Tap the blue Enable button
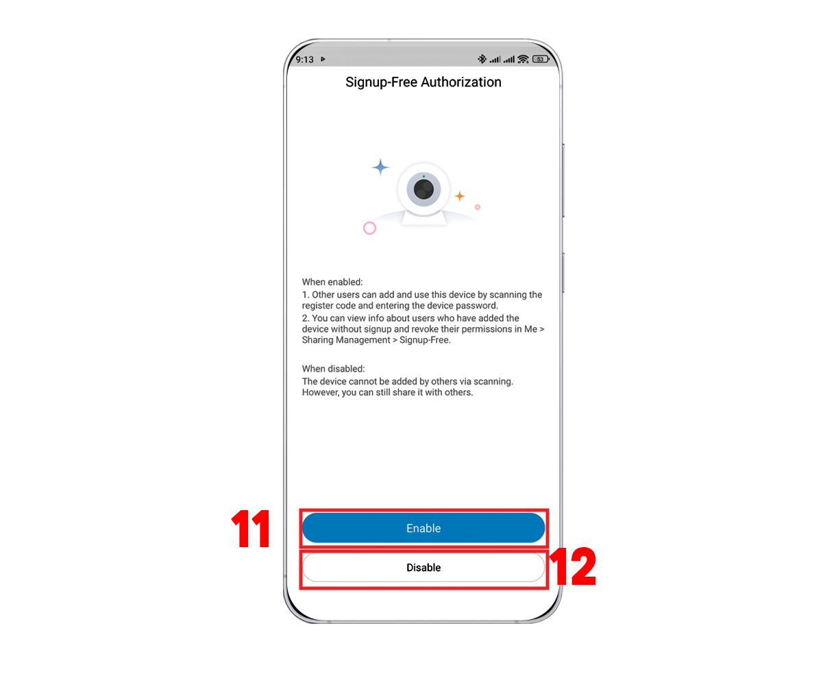423,528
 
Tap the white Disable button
423,567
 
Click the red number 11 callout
251,528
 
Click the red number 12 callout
573,566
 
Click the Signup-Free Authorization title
423,82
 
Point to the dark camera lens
423,189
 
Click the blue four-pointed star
380,167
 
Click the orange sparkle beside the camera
460,195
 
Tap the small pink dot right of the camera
478,207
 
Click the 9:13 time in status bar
305,60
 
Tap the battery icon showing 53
541,59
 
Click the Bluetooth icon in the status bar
482,59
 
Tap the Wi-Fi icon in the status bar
523,59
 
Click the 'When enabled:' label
332,282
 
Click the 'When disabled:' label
334,369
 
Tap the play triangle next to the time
323,59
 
